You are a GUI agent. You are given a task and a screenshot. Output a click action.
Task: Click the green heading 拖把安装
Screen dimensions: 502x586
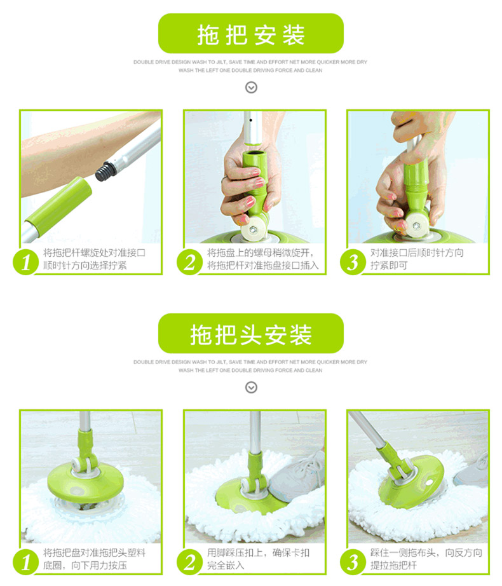click(x=251, y=35)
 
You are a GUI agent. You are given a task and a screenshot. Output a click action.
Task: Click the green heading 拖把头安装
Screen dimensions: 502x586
click(x=251, y=334)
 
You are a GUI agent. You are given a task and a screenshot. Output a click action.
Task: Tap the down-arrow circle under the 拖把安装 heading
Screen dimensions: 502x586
click(x=251, y=88)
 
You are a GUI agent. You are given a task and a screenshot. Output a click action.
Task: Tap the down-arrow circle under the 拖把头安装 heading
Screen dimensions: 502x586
click(x=251, y=388)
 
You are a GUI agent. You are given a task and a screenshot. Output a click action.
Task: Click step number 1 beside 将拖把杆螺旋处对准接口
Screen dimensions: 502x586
click(x=26, y=262)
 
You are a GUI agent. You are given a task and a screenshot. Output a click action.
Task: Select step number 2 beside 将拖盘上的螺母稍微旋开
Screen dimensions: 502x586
click(x=190, y=262)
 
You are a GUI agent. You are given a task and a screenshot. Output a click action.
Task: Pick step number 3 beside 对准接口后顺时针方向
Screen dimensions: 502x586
click(x=353, y=262)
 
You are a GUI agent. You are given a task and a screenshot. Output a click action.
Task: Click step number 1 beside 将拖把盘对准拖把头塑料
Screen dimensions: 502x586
click(x=26, y=562)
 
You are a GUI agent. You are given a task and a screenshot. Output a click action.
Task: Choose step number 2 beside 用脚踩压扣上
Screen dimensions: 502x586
click(x=190, y=562)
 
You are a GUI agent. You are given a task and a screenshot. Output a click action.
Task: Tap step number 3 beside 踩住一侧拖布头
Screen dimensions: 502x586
click(x=353, y=562)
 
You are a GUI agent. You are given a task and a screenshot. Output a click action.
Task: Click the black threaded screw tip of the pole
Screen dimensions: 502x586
click(x=105, y=171)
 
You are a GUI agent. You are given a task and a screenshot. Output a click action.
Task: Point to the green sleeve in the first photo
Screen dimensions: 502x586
click(x=58, y=205)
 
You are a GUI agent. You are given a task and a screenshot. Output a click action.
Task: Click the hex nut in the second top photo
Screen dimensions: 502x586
click(x=252, y=228)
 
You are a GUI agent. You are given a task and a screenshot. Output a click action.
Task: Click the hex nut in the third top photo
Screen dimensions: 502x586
click(x=416, y=225)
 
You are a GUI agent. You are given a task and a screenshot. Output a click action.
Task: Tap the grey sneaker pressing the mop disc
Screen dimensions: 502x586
click(x=296, y=476)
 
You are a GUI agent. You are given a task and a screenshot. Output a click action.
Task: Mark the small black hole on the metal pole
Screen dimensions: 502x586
click(x=250, y=120)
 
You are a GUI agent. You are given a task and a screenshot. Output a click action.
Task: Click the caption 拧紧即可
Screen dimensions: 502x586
click(x=389, y=266)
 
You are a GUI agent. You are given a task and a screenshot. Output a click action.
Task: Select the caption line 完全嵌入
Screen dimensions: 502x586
click(x=226, y=566)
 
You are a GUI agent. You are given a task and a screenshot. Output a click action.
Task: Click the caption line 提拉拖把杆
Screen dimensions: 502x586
click(x=393, y=566)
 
